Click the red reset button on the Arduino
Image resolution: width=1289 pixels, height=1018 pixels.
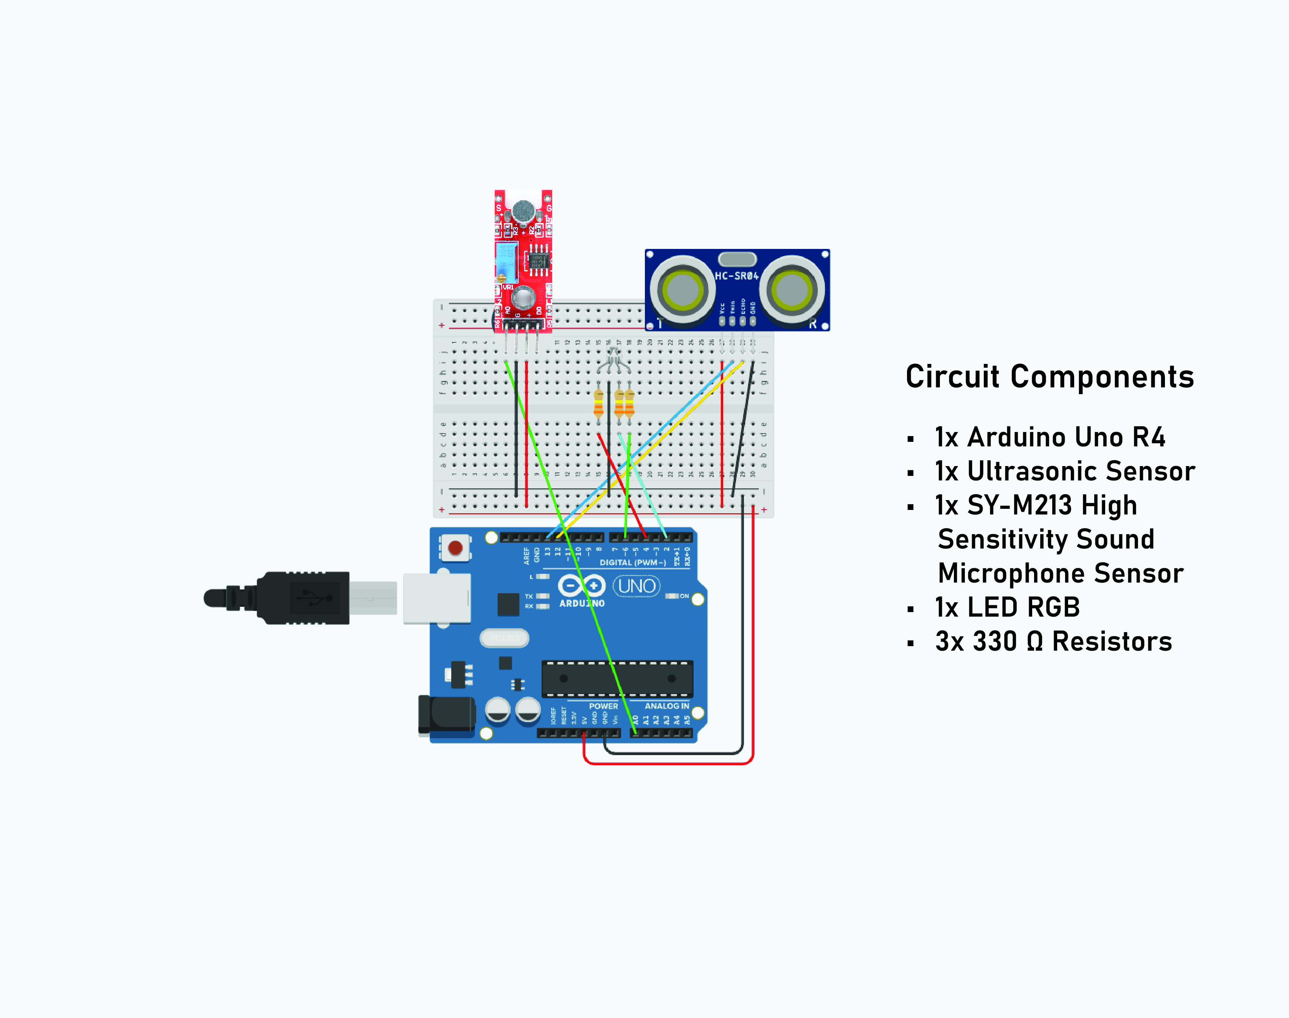pyautogui.click(x=455, y=548)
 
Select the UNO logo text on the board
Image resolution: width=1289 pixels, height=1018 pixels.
pyautogui.click(x=637, y=586)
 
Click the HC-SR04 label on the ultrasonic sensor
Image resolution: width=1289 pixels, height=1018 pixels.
pyautogui.click(x=736, y=276)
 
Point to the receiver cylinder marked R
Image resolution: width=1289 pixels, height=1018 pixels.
pyautogui.click(x=792, y=290)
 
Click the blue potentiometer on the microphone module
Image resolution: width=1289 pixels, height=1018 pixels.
pyautogui.click(x=506, y=262)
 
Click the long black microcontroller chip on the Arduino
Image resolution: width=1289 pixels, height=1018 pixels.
pyautogui.click(x=617, y=678)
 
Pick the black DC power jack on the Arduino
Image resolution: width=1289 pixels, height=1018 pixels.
pyautogui.click(x=447, y=715)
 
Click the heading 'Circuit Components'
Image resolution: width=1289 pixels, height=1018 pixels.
pyautogui.click(x=1050, y=377)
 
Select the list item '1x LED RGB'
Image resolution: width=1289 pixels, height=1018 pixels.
pyautogui.click(x=1007, y=607)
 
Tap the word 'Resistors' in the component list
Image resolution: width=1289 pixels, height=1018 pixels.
pyautogui.click(x=1112, y=642)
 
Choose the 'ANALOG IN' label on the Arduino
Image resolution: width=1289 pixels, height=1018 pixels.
pyautogui.click(x=667, y=706)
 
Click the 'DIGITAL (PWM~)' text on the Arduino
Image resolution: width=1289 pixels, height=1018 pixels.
pyautogui.click(x=632, y=563)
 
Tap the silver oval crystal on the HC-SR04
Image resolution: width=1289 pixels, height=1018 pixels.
pyautogui.click(x=737, y=259)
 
